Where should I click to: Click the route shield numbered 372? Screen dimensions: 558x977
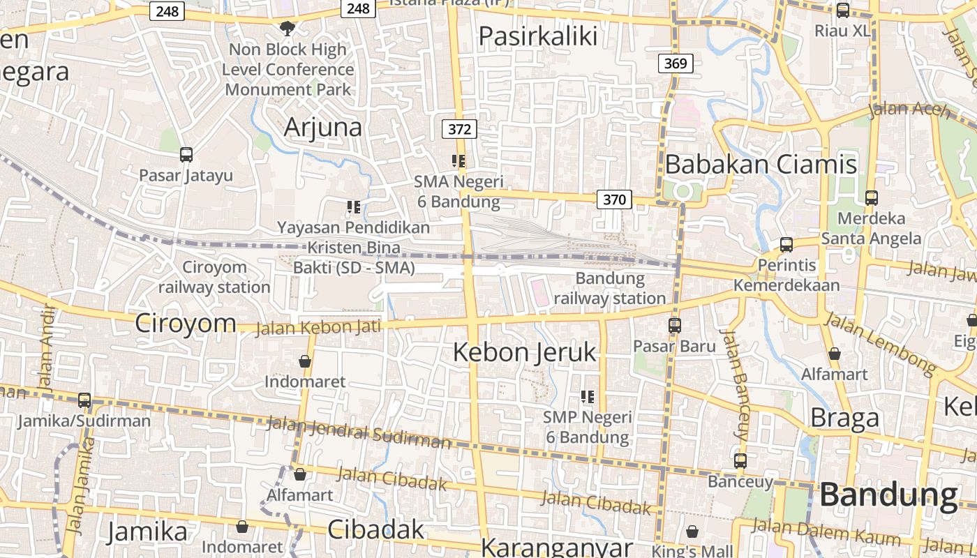pyautogui.click(x=459, y=129)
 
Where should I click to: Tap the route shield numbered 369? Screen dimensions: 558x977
pyautogui.click(x=675, y=63)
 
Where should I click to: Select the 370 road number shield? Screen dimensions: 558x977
pyautogui.click(x=614, y=199)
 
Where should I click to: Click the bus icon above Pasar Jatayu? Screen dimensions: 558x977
pyautogui.click(x=186, y=155)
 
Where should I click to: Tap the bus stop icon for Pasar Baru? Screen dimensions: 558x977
pyautogui.click(x=674, y=325)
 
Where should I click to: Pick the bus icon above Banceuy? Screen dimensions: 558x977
pyautogui.click(x=740, y=461)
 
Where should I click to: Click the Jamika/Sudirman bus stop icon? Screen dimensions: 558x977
pyautogui.click(x=84, y=400)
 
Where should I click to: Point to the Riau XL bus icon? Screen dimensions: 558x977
pyautogui.click(x=842, y=10)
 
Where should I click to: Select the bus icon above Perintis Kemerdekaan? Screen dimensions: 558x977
pyautogui.click(x=786, y=245)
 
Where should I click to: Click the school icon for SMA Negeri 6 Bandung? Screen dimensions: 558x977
pyautogui.click(x=458, y=162)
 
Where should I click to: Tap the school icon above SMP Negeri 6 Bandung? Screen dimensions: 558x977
pyautogui.click(x=588, y=398)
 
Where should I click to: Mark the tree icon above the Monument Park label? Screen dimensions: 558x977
pyautogui.click(x=286, y=29)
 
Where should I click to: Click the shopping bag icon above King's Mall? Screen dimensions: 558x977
pyautogui.click(x=692, y=532)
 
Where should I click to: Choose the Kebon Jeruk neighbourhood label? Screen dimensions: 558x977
pyautogui.click(x=525, y=352)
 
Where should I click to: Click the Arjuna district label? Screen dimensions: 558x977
pyautogui.click(x=323, y=127)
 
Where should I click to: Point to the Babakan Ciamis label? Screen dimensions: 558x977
pyautogui.click(x=761, y=165)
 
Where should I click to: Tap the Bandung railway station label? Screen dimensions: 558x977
pyautogui.click(x=610, y=289)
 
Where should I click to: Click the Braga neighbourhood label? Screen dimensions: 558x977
pyautogui.click(x=844, y=418)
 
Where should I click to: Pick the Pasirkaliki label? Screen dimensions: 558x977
pyautogui.click(x=537, y=36)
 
